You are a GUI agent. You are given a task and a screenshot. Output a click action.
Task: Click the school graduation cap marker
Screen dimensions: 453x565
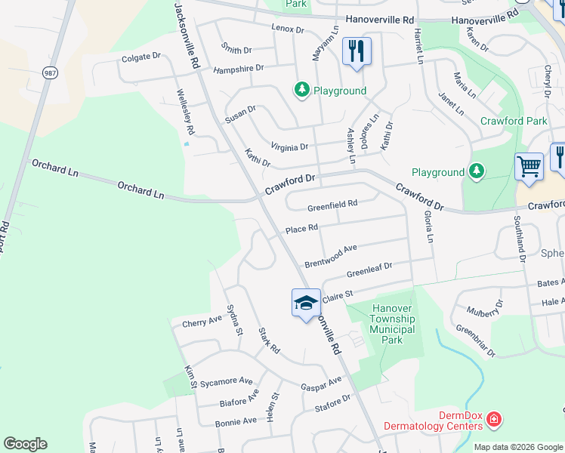(x=306, y=304)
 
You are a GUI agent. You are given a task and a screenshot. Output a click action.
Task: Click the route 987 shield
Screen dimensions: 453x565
(x=50, y=72)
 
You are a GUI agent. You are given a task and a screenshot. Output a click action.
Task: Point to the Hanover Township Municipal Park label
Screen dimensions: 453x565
(x=392, y=324)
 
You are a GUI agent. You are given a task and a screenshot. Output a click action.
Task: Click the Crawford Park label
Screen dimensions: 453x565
(x=514, y=121)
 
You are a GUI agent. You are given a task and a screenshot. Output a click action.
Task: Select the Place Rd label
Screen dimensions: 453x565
(x=301, y=228)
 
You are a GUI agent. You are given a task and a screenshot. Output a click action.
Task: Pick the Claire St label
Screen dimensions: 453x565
(x=338, y=296)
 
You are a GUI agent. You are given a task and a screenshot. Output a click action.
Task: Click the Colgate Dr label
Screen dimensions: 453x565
(x=141, y=57)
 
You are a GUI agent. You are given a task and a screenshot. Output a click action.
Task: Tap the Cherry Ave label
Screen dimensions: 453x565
(x=202, y=322)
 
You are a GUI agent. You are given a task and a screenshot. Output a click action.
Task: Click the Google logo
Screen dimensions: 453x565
(x=25, y=444)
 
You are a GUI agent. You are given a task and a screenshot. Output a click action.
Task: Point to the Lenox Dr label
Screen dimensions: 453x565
(x=287, y=29)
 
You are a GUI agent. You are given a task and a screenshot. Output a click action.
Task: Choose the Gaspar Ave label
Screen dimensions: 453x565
(x=323, y=386)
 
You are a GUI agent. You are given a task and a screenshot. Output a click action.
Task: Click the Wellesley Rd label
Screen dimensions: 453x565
(x=186, y=112)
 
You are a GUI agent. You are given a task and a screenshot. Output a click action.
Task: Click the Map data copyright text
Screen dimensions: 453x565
(x=518, y=447)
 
